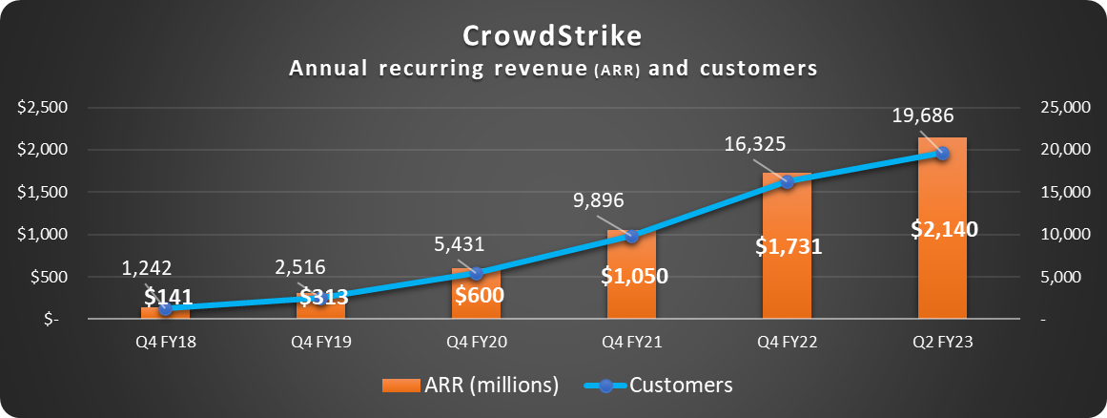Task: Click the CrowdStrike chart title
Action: pyautogui.click(x=553, y=35)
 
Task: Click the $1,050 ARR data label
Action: pyautogui.click(x=634, y=276)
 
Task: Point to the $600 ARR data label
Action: pyautogui.click(x=478, y=294)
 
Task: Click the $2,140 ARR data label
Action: pyautogui.click(x=943, y=229)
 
